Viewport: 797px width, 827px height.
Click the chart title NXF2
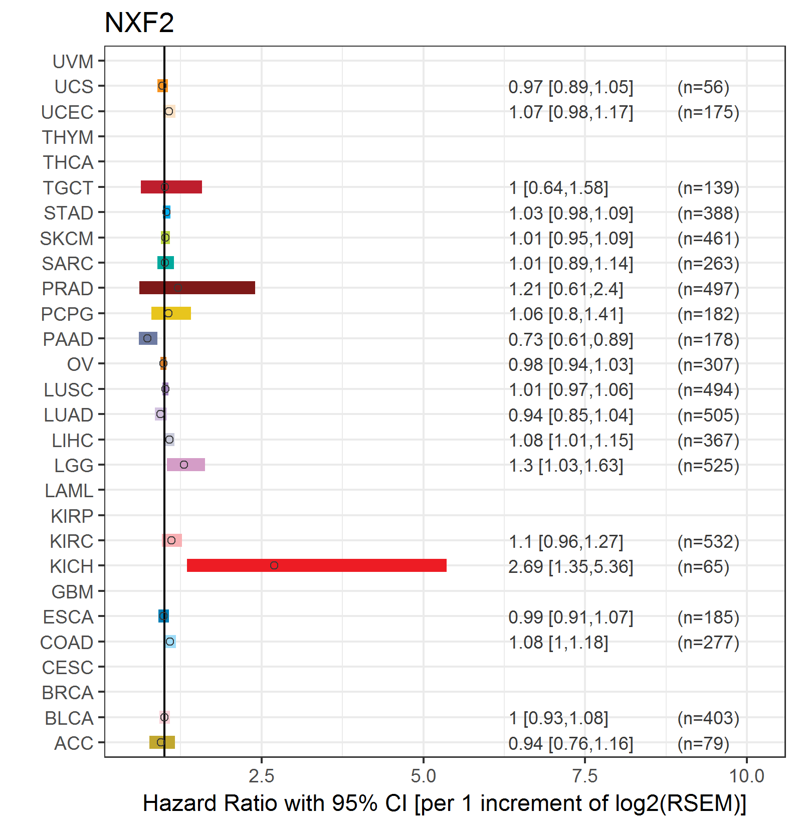point(139,23)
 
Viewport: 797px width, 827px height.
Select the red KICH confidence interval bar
point(316,565)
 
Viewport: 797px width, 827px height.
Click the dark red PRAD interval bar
point(197,288)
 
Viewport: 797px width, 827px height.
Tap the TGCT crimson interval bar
point(171,187)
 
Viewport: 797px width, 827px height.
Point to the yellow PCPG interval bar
point(171,313)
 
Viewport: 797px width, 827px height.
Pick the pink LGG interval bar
point(185,465)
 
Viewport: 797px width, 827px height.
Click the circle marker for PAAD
point(147,338)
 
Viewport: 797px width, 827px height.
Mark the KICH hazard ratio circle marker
point(274,565)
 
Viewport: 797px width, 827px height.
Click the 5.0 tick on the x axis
point(423,776)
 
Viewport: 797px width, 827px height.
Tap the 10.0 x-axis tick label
point(746,776)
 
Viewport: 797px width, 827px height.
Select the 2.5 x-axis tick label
point(261,776)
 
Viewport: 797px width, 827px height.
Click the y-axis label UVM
point(73,62)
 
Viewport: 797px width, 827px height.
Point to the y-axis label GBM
point(73,592)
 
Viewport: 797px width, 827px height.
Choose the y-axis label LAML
point(69,491)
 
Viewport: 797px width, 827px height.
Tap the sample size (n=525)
point(708,466)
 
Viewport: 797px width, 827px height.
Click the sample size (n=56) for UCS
point(703,87)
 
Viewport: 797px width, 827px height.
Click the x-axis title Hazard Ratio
point(444,803)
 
